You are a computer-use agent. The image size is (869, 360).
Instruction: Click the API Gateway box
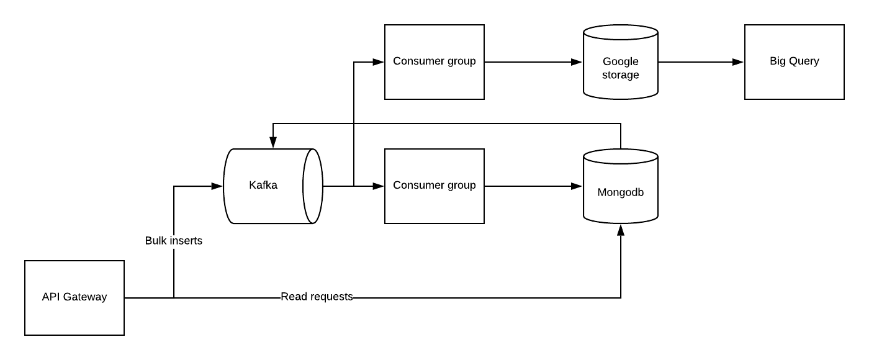pos(74,298)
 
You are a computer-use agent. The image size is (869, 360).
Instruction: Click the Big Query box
pos(795,62)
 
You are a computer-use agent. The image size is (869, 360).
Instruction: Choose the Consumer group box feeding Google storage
pos(434,62)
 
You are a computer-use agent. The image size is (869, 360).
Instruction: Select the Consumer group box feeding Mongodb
pos(434,186)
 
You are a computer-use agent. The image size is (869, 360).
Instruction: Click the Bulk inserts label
pos(174,241)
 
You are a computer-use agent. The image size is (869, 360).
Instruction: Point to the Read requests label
pos(317,297)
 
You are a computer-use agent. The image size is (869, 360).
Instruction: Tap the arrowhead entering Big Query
pos(739,62)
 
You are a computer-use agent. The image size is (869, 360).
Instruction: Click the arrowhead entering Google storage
pos(577,62)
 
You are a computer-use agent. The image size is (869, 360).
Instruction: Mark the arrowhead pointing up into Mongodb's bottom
pos(621,230)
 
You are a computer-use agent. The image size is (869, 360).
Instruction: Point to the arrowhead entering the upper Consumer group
pos(379,62)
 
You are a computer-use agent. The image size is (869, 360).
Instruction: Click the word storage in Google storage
pos(621,75)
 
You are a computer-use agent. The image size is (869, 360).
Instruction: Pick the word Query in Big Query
pos(804,61)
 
